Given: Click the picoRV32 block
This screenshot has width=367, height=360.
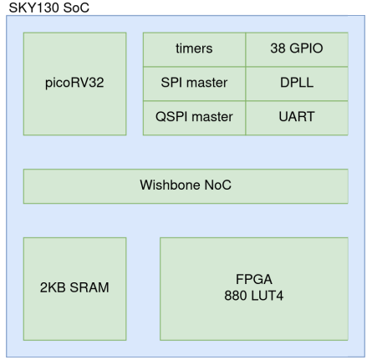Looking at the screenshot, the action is (x=74, y=84).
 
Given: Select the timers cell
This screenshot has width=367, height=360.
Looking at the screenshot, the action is (x=194, y=49).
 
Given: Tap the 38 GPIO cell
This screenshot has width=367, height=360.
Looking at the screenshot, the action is (x=297, y=49).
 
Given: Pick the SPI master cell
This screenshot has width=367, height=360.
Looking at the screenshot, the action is (x=194, y=84).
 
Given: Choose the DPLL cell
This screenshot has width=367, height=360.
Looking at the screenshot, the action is (x=297, y=84).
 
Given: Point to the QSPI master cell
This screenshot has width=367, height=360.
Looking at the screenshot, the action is (x=194, y=118).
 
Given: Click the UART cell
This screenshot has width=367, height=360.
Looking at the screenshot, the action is (x=297, y=118).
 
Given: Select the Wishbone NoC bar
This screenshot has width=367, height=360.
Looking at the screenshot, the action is (x=186, y=186).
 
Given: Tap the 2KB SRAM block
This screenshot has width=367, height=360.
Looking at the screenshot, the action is (x=74, y=289).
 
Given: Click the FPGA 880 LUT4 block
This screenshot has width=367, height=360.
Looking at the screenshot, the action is (x=254, y=289).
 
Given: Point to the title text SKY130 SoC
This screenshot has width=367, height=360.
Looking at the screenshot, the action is (x=49, y=8).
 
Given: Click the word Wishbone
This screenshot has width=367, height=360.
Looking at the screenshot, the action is (x=170, y=185).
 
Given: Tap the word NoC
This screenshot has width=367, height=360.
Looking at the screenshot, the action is (x=217, y=185).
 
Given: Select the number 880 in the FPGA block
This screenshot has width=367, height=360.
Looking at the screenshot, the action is (x=235, y=296).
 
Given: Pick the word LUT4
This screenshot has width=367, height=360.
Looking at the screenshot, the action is (x=267, y=296).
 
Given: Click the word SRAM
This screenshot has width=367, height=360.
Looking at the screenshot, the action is (x=89, y=287).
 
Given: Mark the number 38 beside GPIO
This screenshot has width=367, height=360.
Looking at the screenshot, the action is (x=278, y=48).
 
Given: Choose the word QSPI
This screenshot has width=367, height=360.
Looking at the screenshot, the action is (x=171, y=117).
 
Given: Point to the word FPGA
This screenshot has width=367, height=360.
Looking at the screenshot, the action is (x=254, y=279).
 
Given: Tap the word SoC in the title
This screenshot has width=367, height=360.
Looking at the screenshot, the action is (x=76, y=8).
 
